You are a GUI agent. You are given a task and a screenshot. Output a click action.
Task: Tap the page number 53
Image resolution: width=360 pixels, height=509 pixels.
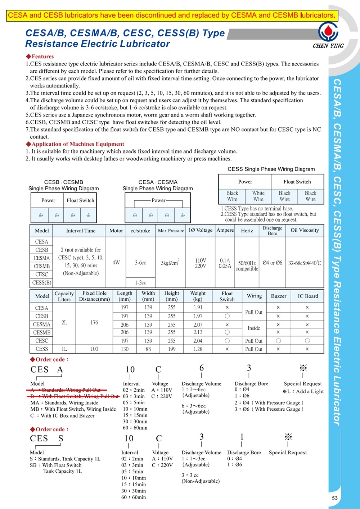[335, 498]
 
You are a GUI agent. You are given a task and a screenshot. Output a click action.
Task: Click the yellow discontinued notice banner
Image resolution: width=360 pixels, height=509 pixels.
[172, 15]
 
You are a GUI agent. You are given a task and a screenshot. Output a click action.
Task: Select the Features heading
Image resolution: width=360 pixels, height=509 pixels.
[42, 56]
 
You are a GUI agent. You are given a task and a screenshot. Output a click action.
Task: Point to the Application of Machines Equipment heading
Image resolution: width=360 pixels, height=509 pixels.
[77, 144]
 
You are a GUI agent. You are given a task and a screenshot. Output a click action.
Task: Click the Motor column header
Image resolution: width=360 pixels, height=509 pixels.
[116, 231]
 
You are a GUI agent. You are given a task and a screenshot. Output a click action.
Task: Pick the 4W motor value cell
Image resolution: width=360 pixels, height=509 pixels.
[116, 263]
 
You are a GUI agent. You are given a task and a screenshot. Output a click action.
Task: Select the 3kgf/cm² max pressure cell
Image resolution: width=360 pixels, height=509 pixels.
[170, 263]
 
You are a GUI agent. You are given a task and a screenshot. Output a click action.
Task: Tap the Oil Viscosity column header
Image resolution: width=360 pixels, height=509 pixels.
[305, 230]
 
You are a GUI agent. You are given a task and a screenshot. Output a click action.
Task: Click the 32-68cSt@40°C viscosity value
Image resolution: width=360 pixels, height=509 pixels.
[305, 263]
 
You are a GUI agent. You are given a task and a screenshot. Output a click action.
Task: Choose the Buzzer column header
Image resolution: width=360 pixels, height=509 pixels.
[278, 296]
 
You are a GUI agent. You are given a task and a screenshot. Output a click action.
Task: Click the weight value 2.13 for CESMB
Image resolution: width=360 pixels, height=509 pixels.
[198, 332]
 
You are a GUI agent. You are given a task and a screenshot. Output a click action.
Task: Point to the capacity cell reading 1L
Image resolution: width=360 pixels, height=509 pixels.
[64, 349]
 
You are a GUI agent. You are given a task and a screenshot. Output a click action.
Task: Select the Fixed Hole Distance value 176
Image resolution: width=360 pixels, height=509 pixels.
[94, 322]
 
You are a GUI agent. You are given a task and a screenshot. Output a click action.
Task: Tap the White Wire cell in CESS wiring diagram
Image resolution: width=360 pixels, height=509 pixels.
[258, 196]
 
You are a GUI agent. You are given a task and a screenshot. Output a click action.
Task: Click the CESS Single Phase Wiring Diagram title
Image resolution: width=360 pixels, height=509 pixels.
[271, 169]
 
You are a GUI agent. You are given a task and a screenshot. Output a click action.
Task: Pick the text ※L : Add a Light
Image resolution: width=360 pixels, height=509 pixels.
[303, 391]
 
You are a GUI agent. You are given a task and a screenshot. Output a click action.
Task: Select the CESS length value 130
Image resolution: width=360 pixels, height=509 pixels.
[125, 349]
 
